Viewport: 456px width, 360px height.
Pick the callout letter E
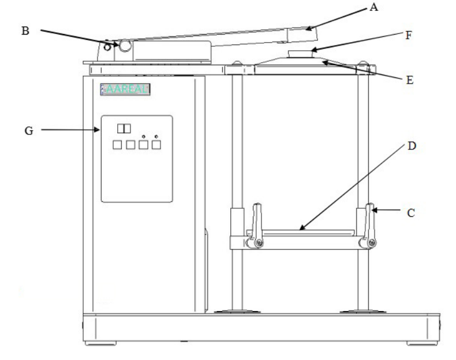coord(410,80)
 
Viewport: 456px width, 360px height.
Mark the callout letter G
coord(28,131)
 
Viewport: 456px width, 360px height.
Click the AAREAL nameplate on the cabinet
coord(126,89)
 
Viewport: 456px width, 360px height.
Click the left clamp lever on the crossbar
coord(256,225)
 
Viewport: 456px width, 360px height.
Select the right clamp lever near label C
coord(368,225)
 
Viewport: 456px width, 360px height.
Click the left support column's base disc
coord(235,312)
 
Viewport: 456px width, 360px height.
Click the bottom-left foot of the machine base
coord(94,344)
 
